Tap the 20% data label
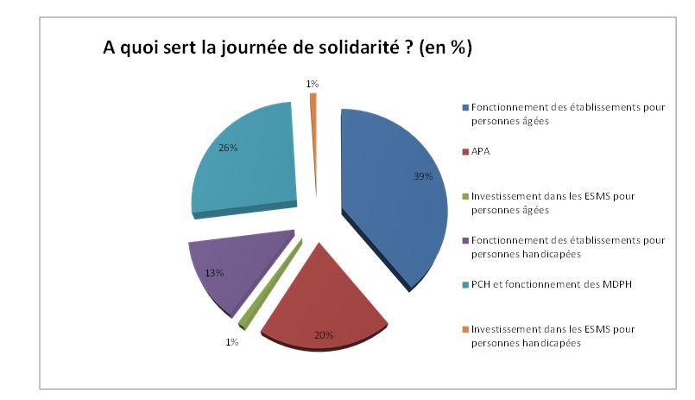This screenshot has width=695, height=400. (324, 335)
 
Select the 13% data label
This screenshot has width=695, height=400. (214, 273)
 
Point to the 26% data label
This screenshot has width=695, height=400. (228, 148)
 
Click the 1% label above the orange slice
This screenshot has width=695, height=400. (312, 84)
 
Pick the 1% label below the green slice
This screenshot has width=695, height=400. (232, 342)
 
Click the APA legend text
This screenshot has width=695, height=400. (481, 151)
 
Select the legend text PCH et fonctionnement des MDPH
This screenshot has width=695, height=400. (533, 285)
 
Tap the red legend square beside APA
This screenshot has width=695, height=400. (465, 151)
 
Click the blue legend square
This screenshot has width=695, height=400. (465, 107)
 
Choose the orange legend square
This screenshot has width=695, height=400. (465, 330)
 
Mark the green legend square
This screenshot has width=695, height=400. (465, 196)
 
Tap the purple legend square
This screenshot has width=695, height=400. (465, 241)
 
